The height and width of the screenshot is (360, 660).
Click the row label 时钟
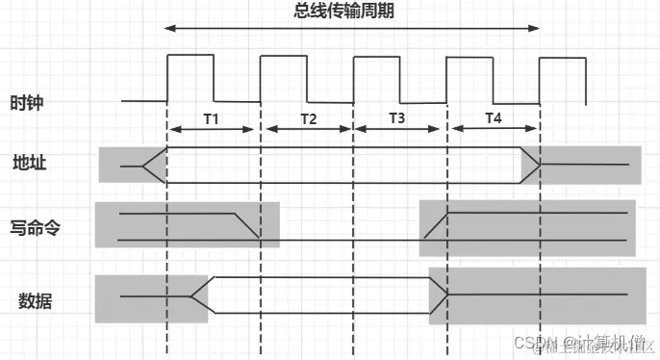27,103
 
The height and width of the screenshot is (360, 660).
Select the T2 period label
307,118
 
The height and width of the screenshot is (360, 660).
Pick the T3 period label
398,118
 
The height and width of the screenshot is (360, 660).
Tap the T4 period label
493,118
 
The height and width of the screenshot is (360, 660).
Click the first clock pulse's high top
190,56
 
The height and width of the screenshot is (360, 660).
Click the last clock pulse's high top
562,60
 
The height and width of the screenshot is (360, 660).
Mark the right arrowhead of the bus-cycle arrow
535,30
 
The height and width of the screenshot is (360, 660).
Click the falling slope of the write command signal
248,226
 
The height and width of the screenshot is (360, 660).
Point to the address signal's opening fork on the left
154,166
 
